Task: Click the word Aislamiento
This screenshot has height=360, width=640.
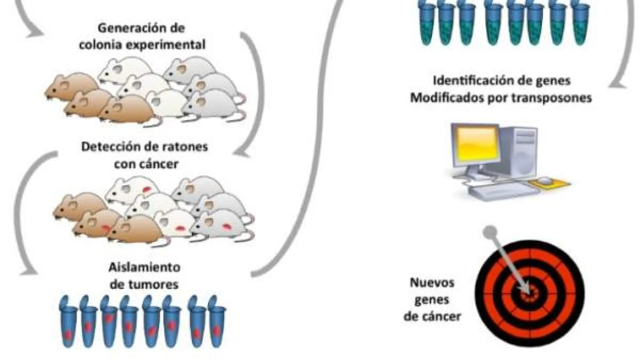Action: (x=144, y=267)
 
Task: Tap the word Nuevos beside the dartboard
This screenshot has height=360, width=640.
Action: (x=432, y=283)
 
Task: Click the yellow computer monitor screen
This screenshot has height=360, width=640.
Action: (x=475, y=147)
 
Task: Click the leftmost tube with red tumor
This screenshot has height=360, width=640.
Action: (x=68, y=323)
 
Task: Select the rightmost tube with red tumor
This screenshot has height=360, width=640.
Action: (x=217, y=323)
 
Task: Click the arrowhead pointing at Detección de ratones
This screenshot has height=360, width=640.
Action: (x=241, y=153)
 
